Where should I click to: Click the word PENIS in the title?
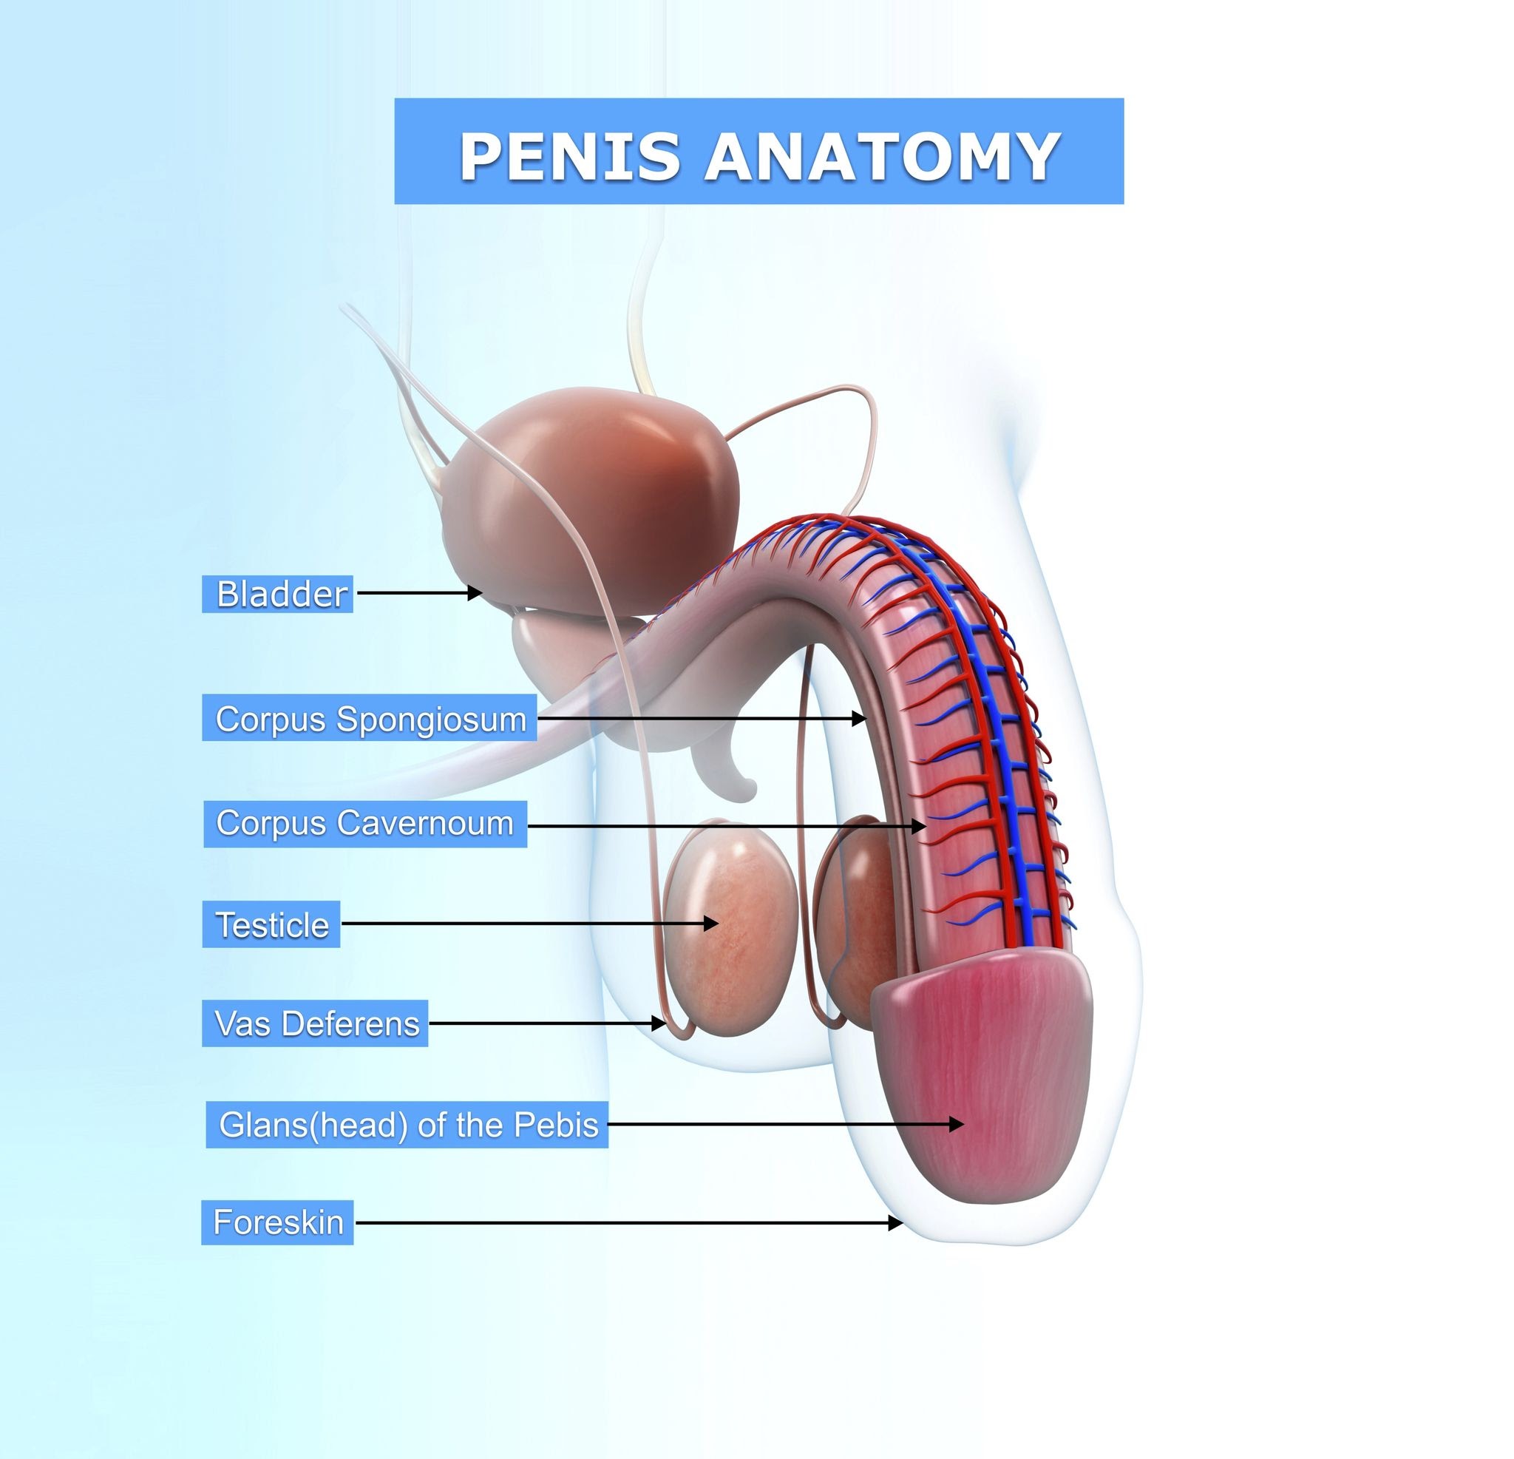pos(570,156)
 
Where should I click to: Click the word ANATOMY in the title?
pos(882,156)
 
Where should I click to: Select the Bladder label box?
pos(277,594)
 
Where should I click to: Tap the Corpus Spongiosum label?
pos(369,718)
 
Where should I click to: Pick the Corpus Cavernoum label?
pos(365,824)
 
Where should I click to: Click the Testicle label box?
pos(271,924)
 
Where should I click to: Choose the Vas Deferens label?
pos(315,1023)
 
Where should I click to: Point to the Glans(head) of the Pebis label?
pos(407,1125)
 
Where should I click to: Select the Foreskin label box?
pos(277,1222)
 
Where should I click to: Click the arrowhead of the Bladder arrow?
pos(475,593)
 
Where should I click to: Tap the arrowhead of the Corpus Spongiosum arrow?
pos(859,718)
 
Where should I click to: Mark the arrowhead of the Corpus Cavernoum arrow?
pos(918,826)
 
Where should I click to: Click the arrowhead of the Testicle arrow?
pos(710,923)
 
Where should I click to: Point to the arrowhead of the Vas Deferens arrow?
pos(659,1023)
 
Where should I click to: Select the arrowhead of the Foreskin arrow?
pos(895,1222)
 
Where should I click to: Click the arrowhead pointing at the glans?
pos(957,1123)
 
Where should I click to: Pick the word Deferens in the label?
pos(350,1023)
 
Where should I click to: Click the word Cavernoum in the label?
pos(425,823)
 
